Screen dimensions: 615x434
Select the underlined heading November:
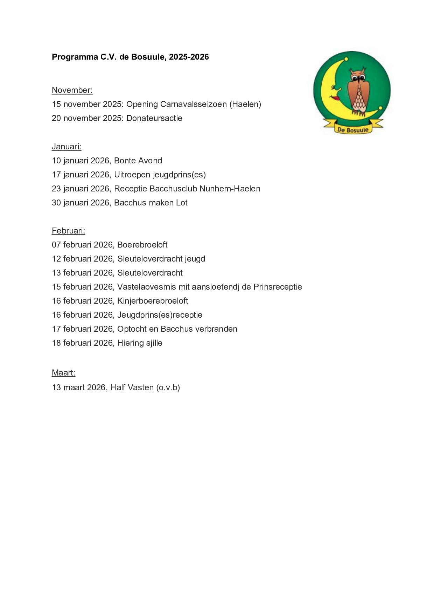coord(72,90)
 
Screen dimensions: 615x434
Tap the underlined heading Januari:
coord(66,147)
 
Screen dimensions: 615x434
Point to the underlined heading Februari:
coord(68,231)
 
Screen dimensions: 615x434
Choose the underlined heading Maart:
coord(63,373)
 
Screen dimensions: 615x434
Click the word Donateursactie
coord(154,118)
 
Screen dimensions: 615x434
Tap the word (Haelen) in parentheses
coord(245,104)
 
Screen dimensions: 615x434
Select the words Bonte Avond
coord(138,161)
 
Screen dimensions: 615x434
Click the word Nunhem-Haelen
coord(230,189)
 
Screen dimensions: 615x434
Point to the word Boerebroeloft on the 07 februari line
coord(142,245)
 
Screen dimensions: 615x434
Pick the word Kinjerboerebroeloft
coord(153,301)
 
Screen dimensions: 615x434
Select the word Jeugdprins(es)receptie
coord(160,315)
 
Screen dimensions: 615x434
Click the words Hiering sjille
coord(140,343)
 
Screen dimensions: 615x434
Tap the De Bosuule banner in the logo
coord(353,129)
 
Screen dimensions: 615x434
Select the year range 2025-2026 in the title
coord(189,57)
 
